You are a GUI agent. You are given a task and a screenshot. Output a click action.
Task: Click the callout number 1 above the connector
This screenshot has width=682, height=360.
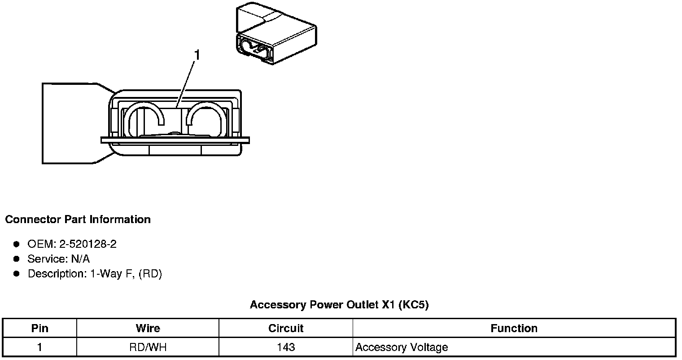pyautogui.click(x=197, y=56)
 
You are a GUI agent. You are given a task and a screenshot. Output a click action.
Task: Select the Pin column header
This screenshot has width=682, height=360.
pyautogui.click(x=39, y=328)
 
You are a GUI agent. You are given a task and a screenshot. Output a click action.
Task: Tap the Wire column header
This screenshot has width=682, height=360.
pyautogui.click(x=148, y=328)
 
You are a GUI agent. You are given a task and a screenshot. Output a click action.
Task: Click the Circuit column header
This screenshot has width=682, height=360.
pyautogui.click(x=286, y=328)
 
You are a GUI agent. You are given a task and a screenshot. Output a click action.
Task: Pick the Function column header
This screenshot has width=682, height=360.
pyautogui.click(x=514, y=328)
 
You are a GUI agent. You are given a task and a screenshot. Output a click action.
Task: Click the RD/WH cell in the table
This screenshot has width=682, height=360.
pyautogui.click(x=148, y=347)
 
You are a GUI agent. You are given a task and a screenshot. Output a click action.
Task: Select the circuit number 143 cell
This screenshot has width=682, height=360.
pyautogui.click(x=286, y=347)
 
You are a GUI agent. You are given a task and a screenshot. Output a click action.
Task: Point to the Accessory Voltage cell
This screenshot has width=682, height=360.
pyautogui.click(x=402, y=347)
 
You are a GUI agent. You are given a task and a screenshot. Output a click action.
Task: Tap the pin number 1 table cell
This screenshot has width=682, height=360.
pyautogui.click(x=39, y=347)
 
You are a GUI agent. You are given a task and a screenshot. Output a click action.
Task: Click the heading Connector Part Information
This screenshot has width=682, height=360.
pyautogui.click(x=78, y=220)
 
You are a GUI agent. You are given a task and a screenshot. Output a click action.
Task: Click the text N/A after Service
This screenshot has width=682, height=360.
pyautogui.click(x=80, y=259)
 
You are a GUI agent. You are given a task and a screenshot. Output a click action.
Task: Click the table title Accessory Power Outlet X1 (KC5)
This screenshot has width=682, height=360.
pyautogui.click(x=339, y=305)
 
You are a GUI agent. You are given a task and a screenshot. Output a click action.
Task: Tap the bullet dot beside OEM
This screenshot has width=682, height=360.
pyautogui.click(x=17, y=244)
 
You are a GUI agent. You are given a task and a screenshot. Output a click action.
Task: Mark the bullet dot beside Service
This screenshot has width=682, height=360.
pyautogui.click(x=17, y=259)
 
